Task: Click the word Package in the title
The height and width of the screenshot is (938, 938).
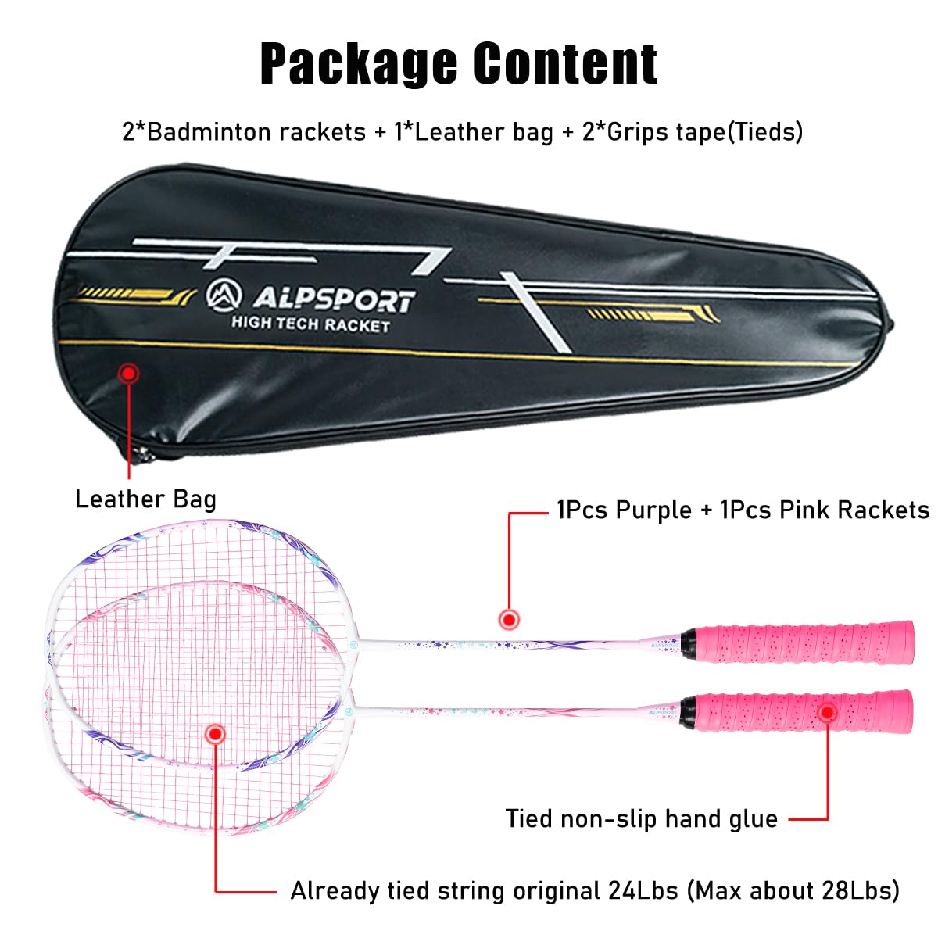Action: [x=359, y=64]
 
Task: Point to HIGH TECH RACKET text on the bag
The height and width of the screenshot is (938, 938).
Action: [x=310, y=324]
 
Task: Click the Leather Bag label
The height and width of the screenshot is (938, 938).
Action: [x=145, y=499]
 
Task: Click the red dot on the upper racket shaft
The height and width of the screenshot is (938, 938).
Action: [x=510, y=619]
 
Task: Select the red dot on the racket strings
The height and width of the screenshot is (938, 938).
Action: [x=215, y=733]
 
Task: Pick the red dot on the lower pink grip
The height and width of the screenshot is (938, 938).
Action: [x=827, y=712]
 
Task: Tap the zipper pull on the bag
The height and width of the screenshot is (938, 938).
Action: [x=141, y=453]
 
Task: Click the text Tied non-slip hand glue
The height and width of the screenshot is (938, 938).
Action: [x=641, y=819]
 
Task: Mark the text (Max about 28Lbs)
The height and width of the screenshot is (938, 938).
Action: [x=793, y=890]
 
